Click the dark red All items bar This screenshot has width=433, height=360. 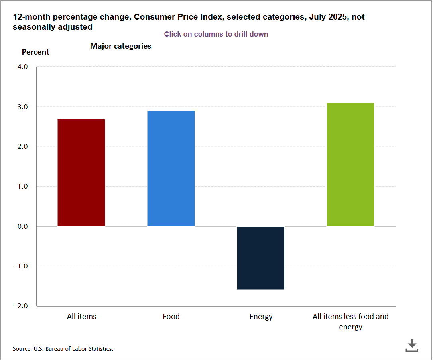(81, 173)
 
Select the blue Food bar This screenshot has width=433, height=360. (171, 169)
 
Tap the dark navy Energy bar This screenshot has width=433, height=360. (260, 258)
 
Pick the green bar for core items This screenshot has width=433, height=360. (350, 165)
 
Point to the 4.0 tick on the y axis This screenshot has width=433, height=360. (22, 67)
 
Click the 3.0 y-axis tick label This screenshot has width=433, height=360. (22, 107)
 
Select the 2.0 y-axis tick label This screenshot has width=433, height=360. (22, 147)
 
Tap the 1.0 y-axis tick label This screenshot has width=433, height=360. (22, 187)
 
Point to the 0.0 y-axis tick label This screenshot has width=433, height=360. (22, 226)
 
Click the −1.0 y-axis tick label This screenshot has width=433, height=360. (22, 266)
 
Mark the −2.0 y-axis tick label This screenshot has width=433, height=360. (22, 306)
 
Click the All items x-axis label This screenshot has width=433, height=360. (81, 317)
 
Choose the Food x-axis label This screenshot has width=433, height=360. (171, 317)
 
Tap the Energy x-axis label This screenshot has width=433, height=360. (261, 317)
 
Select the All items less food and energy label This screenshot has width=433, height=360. (350, 322)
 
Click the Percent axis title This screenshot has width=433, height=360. (35, 52)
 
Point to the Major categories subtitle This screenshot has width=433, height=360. (120, 46)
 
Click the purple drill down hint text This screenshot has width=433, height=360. (216, 34)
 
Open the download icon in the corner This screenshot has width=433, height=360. (412, 345)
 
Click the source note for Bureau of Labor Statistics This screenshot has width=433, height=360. (63, 349)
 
